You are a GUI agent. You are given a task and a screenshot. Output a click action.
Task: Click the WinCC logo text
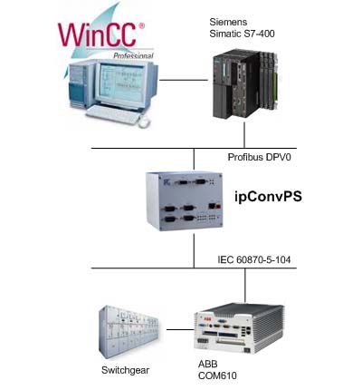pyautogui.click(x=97, y=34)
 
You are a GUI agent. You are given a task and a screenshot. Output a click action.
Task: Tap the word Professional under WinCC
pyautogui.click(x=133, y=55)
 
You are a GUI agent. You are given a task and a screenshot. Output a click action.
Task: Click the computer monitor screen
pyautogui.click(x=121, y=82)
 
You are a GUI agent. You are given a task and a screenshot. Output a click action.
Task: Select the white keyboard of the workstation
pyautogui.click(x=113, y=114)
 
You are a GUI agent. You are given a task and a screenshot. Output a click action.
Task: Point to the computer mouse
pyautogui.click(x=144, y=122)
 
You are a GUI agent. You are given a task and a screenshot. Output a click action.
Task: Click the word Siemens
pyautogui.click(x=228, y=22)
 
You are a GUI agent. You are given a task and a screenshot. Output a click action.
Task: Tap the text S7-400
pyautogui.click(x=259, y=34)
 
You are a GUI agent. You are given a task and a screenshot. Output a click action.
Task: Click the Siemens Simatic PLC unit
pyautogui.click(x=245, y=84)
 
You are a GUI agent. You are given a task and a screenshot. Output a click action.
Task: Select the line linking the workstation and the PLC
pyautogui.click(x=184, y=80)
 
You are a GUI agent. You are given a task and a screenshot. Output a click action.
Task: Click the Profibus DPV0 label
pyautogui.click(x=260, y=157)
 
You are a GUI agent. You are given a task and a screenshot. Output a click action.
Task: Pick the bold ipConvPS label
pyautogui.click(x=268, y=197)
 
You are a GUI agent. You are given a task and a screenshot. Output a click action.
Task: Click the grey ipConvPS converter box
pyautogui.click(x=185, y=201)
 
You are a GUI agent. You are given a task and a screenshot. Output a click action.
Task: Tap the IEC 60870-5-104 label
pyautogui.click(x=254, y=259)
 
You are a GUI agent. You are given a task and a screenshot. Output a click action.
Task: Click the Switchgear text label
pyautogui.click(x=125, y=370)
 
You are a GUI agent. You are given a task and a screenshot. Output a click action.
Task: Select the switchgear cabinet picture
pyautogui.click(x=129, y=332)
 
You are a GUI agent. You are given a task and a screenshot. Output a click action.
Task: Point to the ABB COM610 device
pyautogui.click(x=239, y=329)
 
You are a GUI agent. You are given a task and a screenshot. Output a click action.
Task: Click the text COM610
pyautogui.click(x=217, y=375)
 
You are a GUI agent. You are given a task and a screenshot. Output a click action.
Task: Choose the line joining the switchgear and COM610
pyautogui.click(x=180, y=329)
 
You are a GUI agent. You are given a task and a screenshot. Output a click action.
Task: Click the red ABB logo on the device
pyautogui.click(x=207, y=320)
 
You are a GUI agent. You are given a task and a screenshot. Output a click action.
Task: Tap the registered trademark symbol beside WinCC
pyautogui.click(x=141, y=25)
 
